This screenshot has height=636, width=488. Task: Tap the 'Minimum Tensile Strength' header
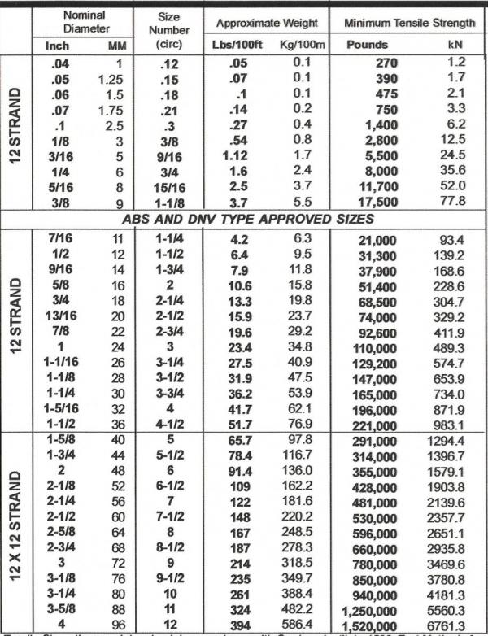point(408,23)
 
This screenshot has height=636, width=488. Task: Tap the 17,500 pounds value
point(384,202)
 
